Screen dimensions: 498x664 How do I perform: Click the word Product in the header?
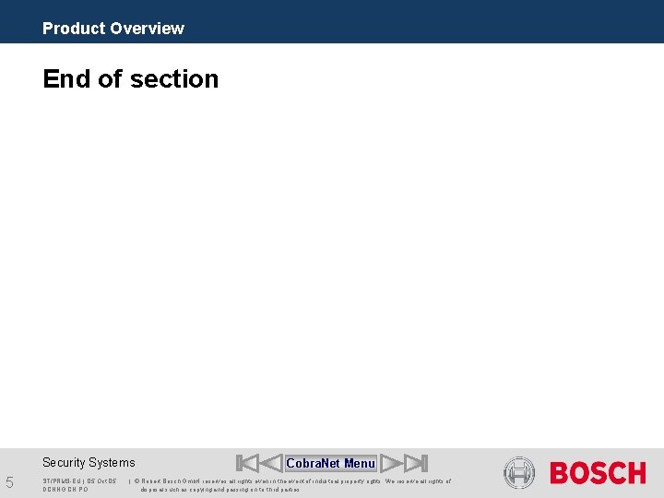74,29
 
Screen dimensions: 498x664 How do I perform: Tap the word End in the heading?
67,79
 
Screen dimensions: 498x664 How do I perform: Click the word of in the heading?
110,79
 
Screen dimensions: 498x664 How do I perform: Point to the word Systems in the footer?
113,463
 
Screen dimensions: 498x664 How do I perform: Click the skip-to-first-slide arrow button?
246,463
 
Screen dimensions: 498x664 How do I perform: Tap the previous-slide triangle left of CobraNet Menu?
271,463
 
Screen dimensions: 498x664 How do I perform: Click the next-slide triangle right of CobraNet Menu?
392,463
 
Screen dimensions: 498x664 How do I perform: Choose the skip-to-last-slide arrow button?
417,463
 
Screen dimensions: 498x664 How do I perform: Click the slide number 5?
9,481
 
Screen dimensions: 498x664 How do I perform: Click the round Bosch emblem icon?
519,473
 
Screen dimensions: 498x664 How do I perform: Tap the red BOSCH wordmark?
598,473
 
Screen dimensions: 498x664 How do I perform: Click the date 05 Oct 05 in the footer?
101,481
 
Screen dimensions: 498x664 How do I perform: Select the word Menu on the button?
360,463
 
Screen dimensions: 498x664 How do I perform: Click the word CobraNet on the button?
314,463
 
